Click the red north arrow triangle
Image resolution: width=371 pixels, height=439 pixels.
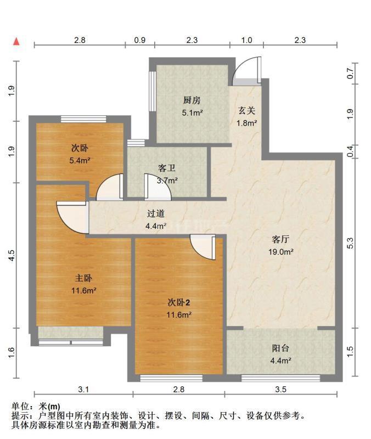tap(17, 42)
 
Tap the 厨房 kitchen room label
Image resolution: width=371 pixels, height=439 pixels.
tap(192, 100)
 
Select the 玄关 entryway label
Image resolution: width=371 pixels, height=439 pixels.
tap(246, 111)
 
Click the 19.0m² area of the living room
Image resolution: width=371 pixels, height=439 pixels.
tap(281, 252)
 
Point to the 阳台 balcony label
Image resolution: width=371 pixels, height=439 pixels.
tap(280, 348)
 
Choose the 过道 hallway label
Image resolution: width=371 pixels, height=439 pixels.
tap(156, 213)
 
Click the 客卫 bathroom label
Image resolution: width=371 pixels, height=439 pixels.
tap(167, 168)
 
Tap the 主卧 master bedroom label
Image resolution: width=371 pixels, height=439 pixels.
tap(83, 278)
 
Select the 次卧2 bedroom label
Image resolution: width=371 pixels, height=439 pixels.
tap(179, 302)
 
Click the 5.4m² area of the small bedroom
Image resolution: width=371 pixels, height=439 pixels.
tap(80, 160)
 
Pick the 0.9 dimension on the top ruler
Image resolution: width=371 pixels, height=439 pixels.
tap(140, 40)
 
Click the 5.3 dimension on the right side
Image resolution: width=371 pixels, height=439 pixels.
tap(350, 243)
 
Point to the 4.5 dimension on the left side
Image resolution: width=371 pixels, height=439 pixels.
tap(12, 255)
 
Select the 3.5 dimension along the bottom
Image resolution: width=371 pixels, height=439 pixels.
tap(280, 390)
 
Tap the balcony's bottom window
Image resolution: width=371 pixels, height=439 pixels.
tap(280, 379)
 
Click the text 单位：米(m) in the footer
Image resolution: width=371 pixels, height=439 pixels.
tap(36, 406)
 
